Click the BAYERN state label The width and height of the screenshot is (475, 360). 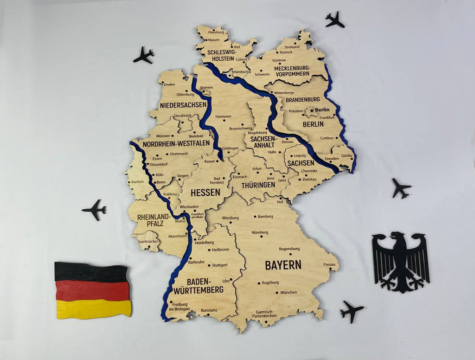[283, 265]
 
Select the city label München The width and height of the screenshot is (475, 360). [288, 292]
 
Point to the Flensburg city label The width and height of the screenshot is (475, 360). [216, 32]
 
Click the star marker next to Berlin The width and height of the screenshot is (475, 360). [312, 110]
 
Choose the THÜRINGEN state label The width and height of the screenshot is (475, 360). [258, 185]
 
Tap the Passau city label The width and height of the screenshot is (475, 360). [329, 264]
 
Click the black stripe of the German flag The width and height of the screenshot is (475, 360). [91, 272]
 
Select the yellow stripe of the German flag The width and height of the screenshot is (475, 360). [94, 309]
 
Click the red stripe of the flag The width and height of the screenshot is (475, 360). [93, 290]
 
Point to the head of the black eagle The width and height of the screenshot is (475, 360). [398, 237]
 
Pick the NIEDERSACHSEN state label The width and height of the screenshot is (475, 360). [183, 105]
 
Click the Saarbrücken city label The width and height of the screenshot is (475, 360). [148, 242]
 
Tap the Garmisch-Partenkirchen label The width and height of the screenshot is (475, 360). [264, 314]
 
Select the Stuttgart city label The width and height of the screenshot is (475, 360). [219, 265]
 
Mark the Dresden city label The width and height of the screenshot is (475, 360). [332, 159]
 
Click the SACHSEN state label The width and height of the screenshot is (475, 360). [301, 163]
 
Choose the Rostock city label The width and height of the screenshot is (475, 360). [286, 52]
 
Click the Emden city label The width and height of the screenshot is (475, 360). [169, 84]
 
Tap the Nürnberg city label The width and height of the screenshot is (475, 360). [260, 232]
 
